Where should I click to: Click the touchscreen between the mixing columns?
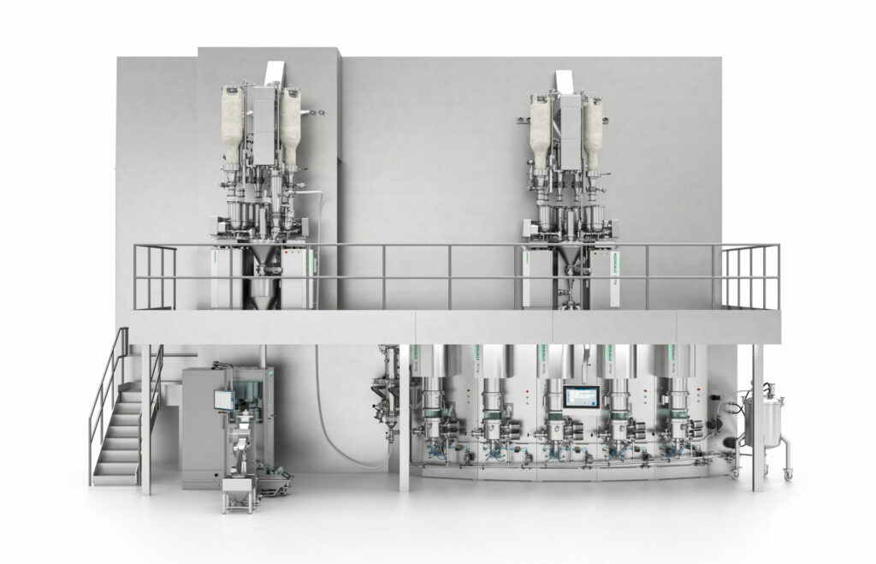click(581, 400)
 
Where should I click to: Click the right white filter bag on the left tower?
click(290, 128)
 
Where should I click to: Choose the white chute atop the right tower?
click(565, 79)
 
